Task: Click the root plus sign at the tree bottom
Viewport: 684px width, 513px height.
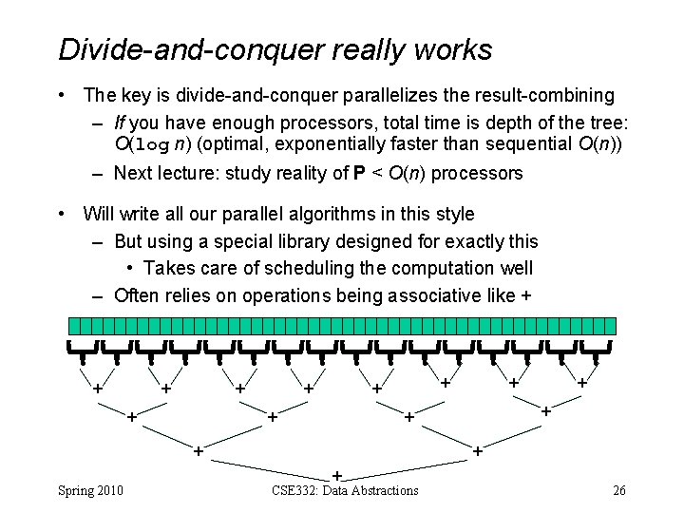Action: pyautogui.click(x=336, y=474)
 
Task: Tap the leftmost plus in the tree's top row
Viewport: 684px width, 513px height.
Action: pyautogui.click(x=96, y=388)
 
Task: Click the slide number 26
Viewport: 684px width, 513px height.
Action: pyautogui.click(x=618, y=490)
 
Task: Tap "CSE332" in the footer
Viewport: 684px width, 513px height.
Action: pyautogui.click(x=289, y=490)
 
